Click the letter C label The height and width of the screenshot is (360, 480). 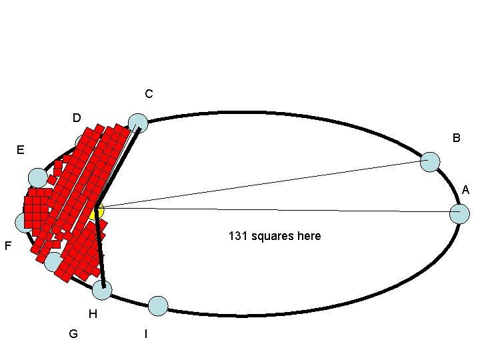coord(148,95)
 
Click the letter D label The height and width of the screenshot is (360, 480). coord(77,119)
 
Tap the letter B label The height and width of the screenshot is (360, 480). coord(456,139)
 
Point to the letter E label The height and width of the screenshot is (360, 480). coord(21,151)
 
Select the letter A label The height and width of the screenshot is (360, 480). coord(465,191)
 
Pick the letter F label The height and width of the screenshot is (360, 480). coord(7,247)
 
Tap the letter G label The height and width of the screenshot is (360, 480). coord(73,333)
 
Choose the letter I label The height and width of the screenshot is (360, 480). coord(146,333)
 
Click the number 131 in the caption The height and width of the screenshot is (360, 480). coord(238,236)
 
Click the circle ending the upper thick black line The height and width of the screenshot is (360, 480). coord(138,123)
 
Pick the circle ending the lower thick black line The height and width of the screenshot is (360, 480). coord(102,290)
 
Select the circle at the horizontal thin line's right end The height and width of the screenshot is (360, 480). coord(459,214)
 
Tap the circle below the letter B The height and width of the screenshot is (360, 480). coord(431,162)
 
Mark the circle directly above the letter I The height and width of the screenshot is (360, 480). coord(158,306)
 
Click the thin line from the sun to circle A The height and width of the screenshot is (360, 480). coord(280,210)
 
